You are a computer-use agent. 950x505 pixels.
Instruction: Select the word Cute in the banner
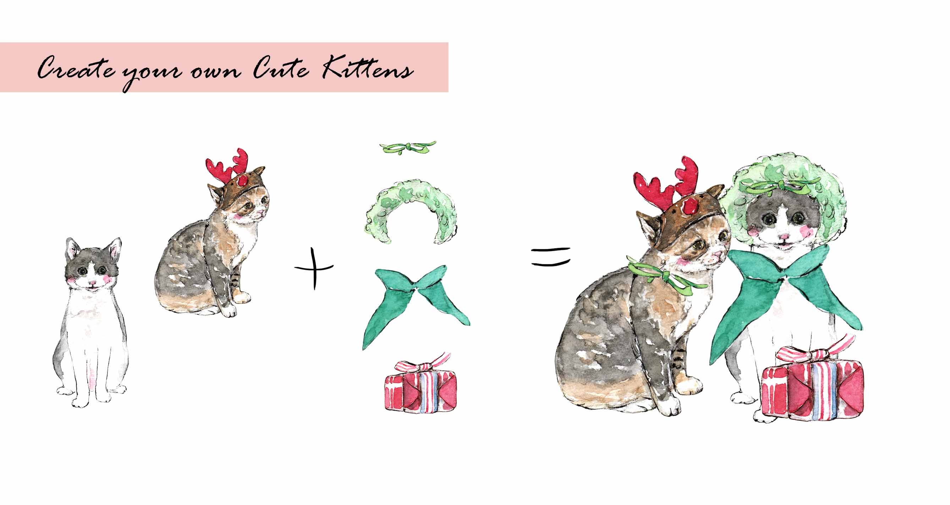pyautogui.click(x=281, y=68)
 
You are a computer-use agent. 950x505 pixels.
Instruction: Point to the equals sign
pyautogui.click(x=551, y=257)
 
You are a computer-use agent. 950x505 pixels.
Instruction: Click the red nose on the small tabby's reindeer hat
pyautogui.click(x=243, y=180)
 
